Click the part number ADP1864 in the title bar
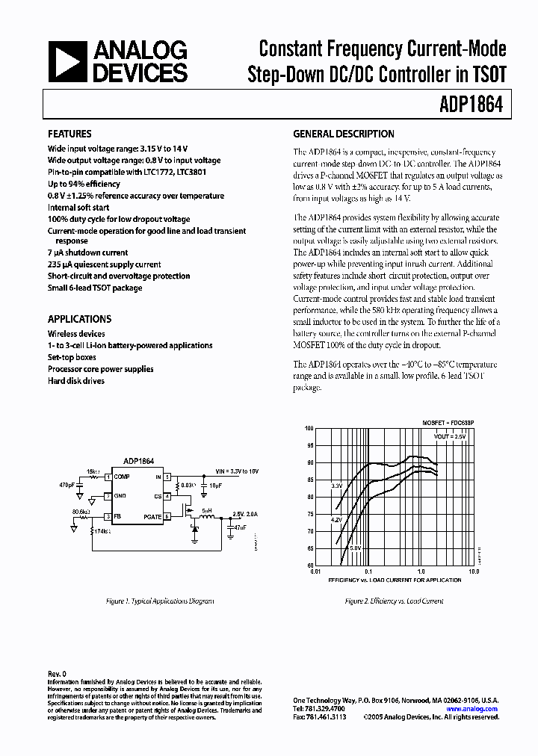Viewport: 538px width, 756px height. tap(476, 105)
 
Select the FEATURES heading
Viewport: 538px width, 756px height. tap(69, 134)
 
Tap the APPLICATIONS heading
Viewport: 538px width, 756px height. tap(79, 319)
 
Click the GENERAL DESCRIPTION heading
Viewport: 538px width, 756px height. tap(343, 134)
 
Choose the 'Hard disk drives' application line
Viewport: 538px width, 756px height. tap(76, 380)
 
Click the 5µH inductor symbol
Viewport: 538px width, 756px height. tap(208, 518)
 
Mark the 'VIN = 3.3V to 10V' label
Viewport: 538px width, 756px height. tap(237, 472)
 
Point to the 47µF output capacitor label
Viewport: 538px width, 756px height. tap(239, 527)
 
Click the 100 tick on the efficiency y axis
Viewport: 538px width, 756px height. tap(309, 429)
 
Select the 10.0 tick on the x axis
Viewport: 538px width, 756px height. tap(473, 571)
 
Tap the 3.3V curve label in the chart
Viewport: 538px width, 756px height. tap(337, 486)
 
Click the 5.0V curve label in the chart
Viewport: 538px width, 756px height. tap(355, 548)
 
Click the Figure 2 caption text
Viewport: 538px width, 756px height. tap(393, 601)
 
